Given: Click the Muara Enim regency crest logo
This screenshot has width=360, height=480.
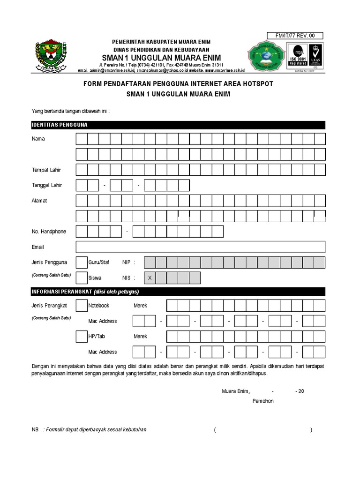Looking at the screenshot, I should coord(52,55).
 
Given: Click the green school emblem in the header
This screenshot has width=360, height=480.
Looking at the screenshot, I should coord(266,56).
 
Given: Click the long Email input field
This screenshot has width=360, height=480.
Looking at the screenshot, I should coord(200,247).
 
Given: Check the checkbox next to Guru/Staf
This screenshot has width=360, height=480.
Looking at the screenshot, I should coord(81,262).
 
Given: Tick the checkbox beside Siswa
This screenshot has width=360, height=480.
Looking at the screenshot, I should coord(81,278).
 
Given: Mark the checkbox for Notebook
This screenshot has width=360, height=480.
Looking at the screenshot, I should coord(81,306).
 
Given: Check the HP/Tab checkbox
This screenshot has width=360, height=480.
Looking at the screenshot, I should coord(81,337).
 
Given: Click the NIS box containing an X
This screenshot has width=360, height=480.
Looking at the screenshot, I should coord(150,278).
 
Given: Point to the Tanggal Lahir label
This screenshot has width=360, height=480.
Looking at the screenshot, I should coord(47,185).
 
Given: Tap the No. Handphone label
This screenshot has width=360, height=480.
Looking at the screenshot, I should coord(49,232).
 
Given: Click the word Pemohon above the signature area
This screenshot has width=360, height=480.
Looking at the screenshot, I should coord(263,401).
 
